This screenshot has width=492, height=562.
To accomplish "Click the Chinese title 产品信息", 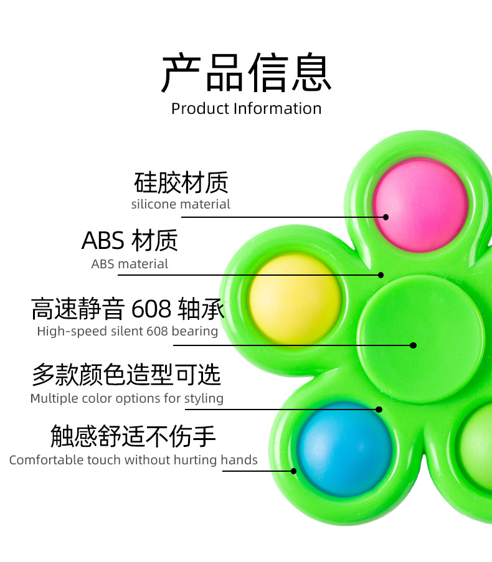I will pyautogui.click(x=246, y=73).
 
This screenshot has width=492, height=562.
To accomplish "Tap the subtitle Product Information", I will pyautogui.click(x=246, y=108).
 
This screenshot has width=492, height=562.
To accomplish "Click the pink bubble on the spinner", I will pyautogui.click(x=420, y=205).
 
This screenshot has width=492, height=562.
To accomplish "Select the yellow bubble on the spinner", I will pyautogui.click(x=295, y=299).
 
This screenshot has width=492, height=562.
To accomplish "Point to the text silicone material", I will pyautogui.click(x=181, y=204).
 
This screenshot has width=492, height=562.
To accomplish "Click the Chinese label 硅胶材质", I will pyautogui.click(x=181, y=182).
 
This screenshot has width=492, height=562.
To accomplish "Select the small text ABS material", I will pyautogui.click(x=130, y=264).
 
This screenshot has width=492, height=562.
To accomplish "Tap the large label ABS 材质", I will pyautogui.click(x=130, y=240).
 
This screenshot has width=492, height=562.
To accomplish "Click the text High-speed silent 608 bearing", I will pyautogui.click(x=127, y=331).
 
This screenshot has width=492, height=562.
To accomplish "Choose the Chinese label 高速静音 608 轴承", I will pyautogui.click(x=128, y=309).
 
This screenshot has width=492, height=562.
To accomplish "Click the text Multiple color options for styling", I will pyautogui.click(x=127, y=398).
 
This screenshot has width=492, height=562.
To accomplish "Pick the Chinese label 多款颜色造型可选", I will pyautogui.click(x=126, y=375).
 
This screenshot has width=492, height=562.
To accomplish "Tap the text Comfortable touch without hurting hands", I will pyautogui.click(x=133, y=461).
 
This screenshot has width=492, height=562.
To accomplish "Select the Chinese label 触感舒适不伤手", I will pyautogui.click(x=133, y=437).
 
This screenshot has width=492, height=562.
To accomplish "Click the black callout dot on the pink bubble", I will pyautogui.click(x=386, y=217).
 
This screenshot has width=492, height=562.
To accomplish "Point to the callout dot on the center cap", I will pyautogui.click(x=413, y=345).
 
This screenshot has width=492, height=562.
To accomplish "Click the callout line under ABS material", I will pyautogui.click(x=249, y=274).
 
